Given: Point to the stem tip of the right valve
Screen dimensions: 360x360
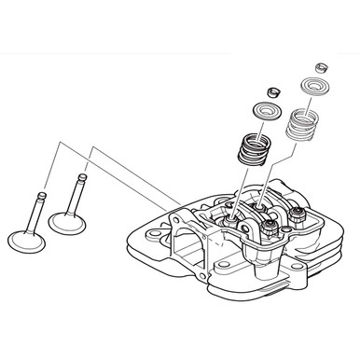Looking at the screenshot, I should (82, 177).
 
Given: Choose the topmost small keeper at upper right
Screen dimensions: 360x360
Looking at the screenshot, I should (322, 67).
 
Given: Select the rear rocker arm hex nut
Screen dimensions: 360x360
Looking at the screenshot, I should (300, 217).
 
